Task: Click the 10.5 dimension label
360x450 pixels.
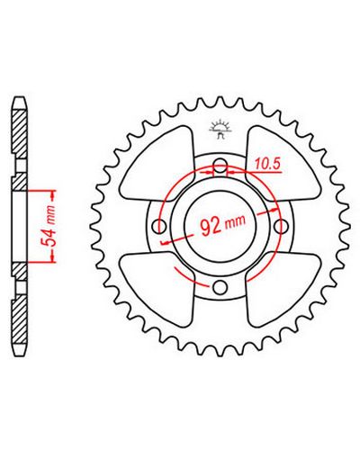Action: click(x=267, y=164)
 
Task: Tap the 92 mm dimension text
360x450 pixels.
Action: click(x=223, y=226)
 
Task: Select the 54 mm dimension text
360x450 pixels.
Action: click(x=48, y=226)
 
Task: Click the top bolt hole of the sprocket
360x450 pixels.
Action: click(x=220, y=166)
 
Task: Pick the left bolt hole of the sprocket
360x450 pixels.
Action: click(x=159, y=227)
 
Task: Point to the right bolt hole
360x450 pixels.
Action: click(x=282, y=227)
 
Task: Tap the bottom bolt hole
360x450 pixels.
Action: click(x=220, y=287)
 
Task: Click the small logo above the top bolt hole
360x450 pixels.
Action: click(x=220, y=130)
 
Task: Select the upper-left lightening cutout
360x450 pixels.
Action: click(x=157, y=164)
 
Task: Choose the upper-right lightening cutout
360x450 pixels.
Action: click(x=283, y=164)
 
